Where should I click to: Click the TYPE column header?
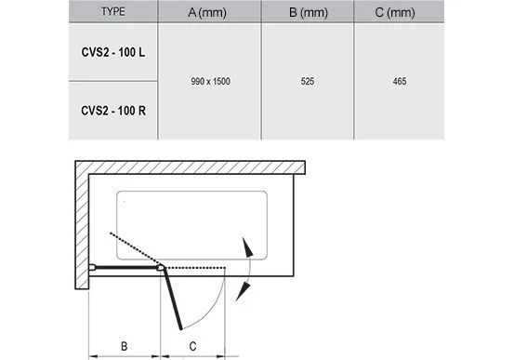[x=113, y=12]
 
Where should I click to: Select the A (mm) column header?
[x=207, y=12]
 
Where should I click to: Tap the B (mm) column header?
[x=309, y=12]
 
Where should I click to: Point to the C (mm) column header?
[x=395, y=12]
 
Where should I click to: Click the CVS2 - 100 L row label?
[x=113, y=52]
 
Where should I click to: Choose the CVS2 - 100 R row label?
[x=113, y=111]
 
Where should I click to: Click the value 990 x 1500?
[x=210, y=81]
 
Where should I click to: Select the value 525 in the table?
[x=308, y=81]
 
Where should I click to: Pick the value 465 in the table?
[x=400, y=81]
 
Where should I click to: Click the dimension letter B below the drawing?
[x=124, y=346]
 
